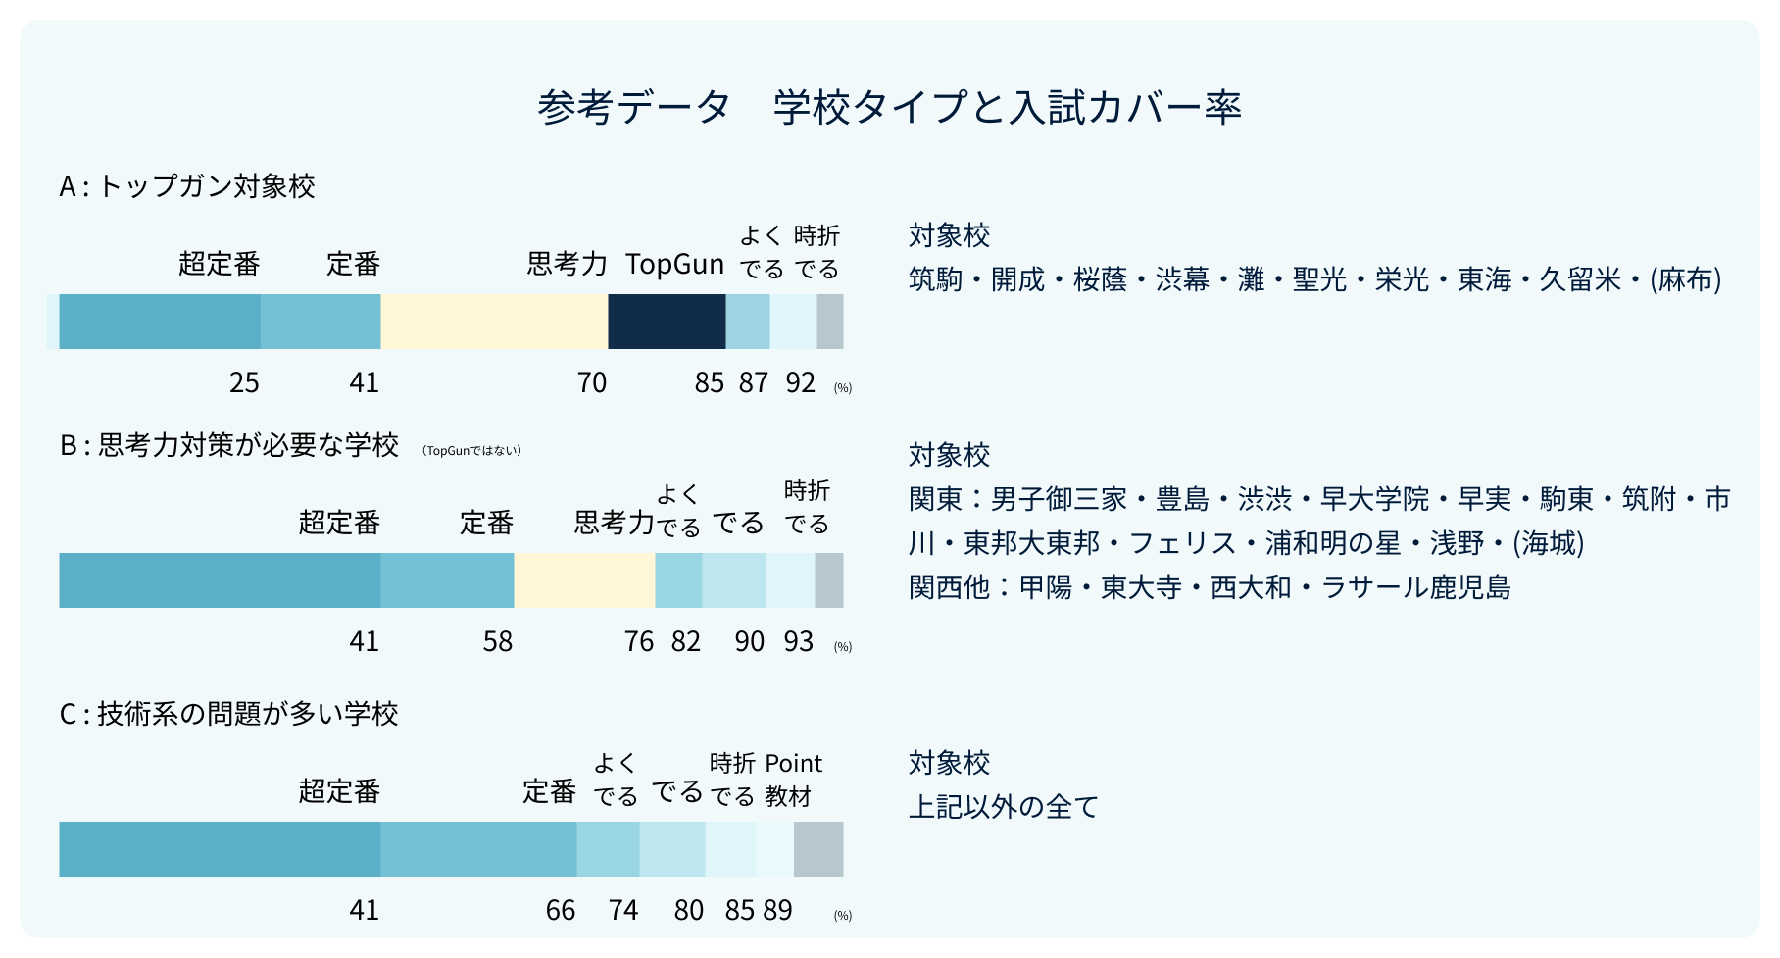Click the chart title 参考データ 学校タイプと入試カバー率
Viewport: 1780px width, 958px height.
click(x=889, y=107)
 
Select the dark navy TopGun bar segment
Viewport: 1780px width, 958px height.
click(x=667, y=322)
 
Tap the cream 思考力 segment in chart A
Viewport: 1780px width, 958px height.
click(x=494, y=322)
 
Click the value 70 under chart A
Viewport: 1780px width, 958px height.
click(x=591, y=382)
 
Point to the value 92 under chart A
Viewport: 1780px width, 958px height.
click(x=800, y=382)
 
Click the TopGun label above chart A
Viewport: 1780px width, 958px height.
click(x=674, y=264)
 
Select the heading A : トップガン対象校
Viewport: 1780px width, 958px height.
click(x=187, y=186)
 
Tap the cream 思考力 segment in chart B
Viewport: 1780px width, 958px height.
click(x=584, y=580)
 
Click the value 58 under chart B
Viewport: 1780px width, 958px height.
click(x=497, y=641)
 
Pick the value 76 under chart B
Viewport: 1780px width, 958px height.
click(x=638, y=641)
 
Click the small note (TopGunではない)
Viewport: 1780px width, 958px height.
click(x=471, y=451)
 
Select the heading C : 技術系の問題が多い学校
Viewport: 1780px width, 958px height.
click(x=228, y=714)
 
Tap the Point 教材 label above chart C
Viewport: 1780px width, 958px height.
click(x=792, y=779)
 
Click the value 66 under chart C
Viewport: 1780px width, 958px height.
click(x=560, y=911)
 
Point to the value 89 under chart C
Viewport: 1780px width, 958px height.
click(x=777, y=911)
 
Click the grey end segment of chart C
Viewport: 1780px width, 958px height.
click(x=817, y=849)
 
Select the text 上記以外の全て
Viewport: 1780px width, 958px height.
click(x=1004, y=807)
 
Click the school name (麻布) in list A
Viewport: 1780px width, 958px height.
click(x=1685, y=279)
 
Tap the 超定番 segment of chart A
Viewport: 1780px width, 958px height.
click(x=160, y=322)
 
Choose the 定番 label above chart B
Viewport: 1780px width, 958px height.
click(x=486, y=523)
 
